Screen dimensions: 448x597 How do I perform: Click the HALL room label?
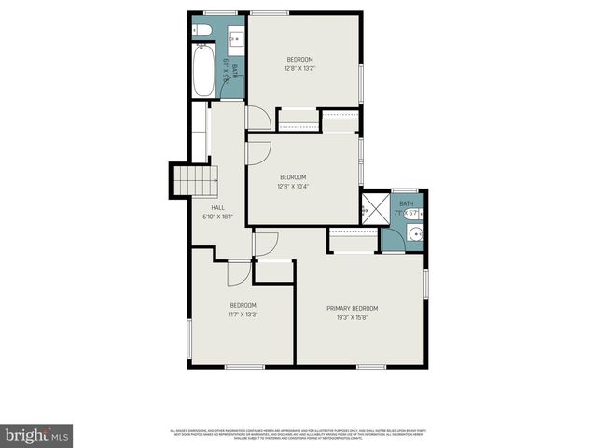click(217, 208)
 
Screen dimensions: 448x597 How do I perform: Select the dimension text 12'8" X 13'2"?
click(299, 68)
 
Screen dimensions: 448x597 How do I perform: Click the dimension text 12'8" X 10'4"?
click(292, 186)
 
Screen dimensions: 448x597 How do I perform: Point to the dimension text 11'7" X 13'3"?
click(243, 315)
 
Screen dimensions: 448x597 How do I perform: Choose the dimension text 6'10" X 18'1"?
click(217, 217)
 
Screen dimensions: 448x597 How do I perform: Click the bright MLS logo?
click(37, 434)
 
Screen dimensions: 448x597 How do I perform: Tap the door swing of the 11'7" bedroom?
click(239, 272)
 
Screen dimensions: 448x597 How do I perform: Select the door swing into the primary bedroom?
click(267, 242)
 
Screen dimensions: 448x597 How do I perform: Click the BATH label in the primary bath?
click(406, 203)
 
